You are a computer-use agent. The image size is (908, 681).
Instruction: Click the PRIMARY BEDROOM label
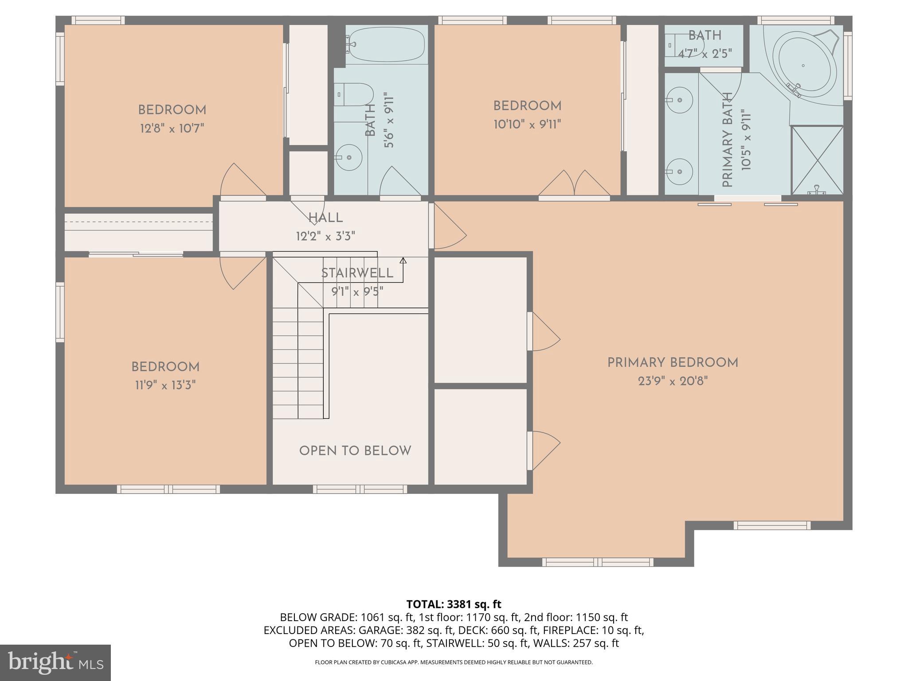pyautogui.click(x=673, y=363)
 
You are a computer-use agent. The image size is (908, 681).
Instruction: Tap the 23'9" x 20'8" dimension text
pyautogui.click(x=673, y=381)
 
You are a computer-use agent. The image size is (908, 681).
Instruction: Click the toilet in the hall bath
pyautogui.click(x=354, y=94)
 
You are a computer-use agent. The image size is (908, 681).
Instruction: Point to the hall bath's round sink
pyautogui.click(x=349, y=157)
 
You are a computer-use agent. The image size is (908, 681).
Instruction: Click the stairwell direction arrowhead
pyautogui.click(x=403, y=261)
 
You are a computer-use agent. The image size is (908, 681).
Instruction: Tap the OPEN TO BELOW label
pyautogui.click(x=355, y=451)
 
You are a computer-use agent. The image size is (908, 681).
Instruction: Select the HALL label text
pyautogui.click(x=325, y=218)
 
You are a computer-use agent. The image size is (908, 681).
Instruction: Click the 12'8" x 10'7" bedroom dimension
pyautogui.click(x=172, y=129)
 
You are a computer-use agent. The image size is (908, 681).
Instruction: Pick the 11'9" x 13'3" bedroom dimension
pyautogui.click(x=165, y=385)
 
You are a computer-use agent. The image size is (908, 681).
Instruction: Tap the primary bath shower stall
pyautogui.click(x=817, y=160)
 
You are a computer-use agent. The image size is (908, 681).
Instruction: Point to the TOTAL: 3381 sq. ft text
pyautogui.click(x=454, y=604)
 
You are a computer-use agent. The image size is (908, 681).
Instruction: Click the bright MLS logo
pyautogui.click(x=55, y=662)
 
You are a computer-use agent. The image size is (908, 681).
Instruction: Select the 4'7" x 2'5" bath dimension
pyautogui.click(x=704, y=54)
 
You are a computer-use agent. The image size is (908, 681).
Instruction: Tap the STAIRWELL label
pyautogui.click(x=357, y=273)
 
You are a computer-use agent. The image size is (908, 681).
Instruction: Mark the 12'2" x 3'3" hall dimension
pyautogui.click(x=325, y=236)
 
